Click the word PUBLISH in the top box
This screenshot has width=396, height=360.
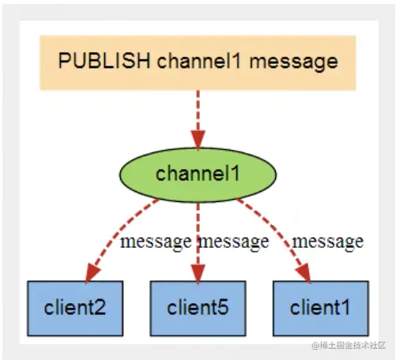[104, 61]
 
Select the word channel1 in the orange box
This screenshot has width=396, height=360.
[199, 61]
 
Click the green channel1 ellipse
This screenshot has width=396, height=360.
[198, 174]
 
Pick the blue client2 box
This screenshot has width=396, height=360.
[75, 309]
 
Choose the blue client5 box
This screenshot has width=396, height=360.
[198, 309]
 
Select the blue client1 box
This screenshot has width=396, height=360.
[321, 309]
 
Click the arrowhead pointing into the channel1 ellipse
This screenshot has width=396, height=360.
[198, 140]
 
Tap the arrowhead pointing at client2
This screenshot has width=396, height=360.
[92, 274]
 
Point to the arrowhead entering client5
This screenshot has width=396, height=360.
[198, 274]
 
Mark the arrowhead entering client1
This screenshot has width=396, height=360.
[304, 274]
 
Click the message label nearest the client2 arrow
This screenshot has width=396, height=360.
[156, 242]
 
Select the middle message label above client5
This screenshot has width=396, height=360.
[234, 242]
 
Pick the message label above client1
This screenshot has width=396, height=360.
[328, 242]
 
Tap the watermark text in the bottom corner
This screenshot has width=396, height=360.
[349, 345]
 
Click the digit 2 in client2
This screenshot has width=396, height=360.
[99, 307]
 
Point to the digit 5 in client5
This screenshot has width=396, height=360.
[222, 307]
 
